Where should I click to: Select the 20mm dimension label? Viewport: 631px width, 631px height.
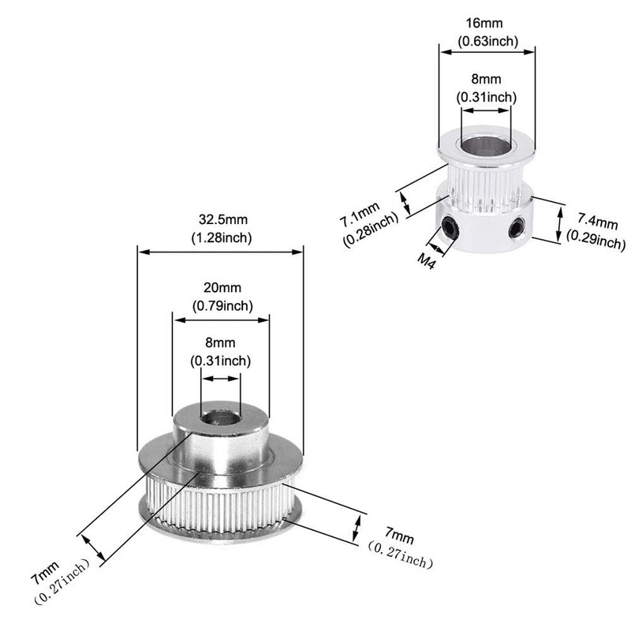(x=222, y=289)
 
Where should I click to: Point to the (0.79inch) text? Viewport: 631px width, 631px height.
(x=222, y=305)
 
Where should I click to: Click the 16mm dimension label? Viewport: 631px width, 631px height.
(x=487, y=25)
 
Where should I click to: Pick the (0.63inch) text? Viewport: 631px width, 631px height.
(x=487, y=41)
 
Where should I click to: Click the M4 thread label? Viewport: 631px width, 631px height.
(x=427, y=257)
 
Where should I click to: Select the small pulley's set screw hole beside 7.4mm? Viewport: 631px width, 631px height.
(x=517, y=229)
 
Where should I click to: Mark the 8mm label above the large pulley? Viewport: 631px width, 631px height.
(x=221, y=343)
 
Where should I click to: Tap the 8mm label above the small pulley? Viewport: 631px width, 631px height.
(x=487, y=80)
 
